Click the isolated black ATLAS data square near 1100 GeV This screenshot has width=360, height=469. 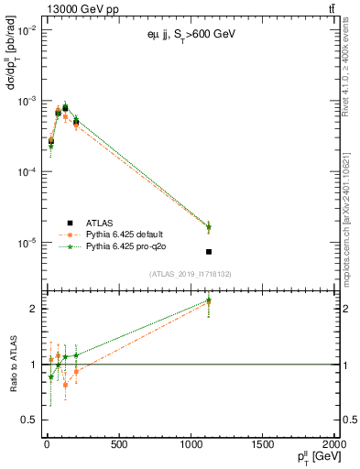point(209,252)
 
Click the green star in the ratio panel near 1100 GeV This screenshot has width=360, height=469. point(209,300)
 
